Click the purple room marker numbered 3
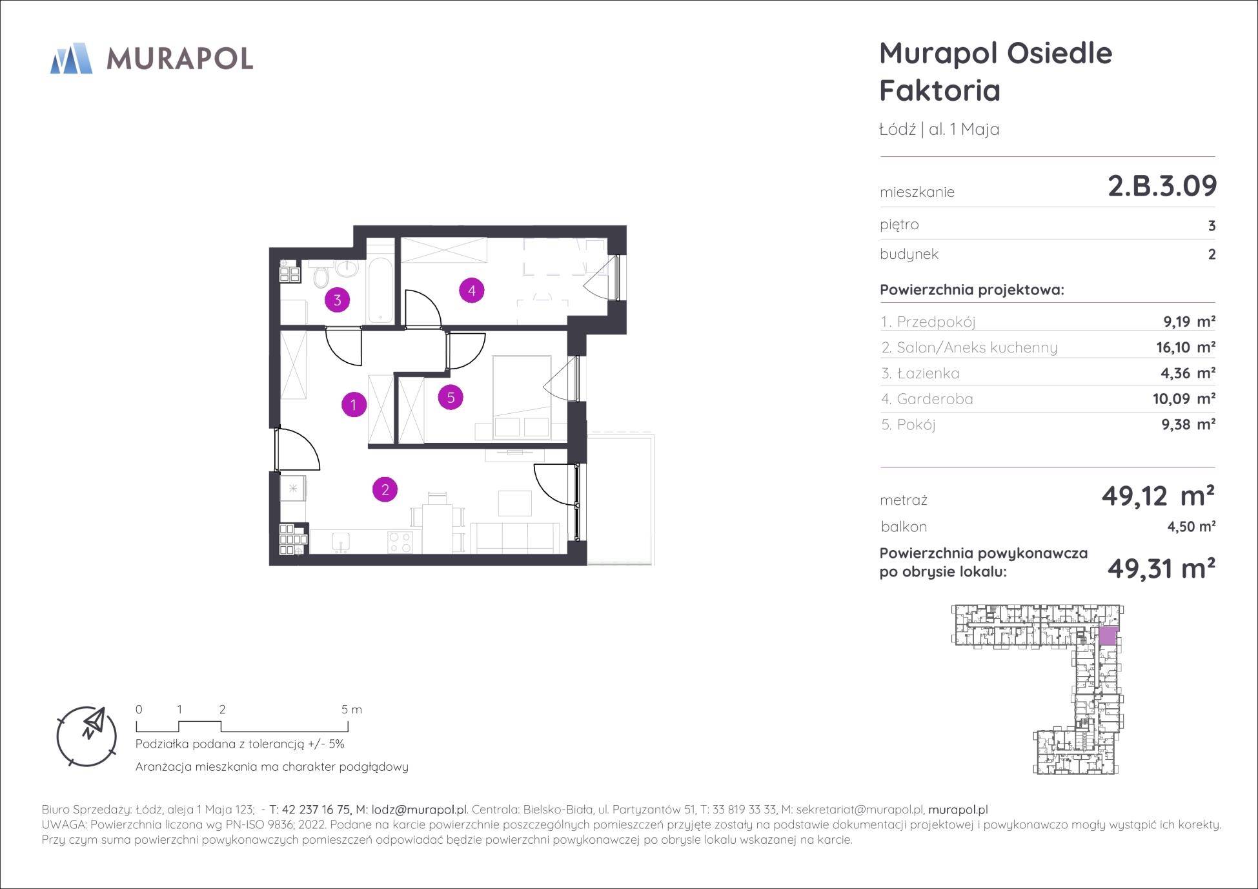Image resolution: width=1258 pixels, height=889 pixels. tap(337, 300)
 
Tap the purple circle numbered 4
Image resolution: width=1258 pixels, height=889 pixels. tap(472, 291)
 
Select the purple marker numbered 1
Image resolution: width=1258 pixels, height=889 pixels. tap(354, 405)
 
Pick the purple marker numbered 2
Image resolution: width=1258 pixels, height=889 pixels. tap(385, 489)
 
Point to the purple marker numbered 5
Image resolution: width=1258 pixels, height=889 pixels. tap(451, 397)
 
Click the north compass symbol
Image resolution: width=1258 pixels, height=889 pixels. tap(87, 736)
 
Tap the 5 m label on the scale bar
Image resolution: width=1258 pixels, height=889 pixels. tap(352, 710)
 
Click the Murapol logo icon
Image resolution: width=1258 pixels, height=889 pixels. tap(71, 58)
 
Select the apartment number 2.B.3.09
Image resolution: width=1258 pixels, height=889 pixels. tap(1162, 186)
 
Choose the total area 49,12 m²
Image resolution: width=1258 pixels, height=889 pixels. tap(1158, 496)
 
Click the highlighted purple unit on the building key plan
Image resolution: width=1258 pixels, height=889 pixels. tap(1108, 636)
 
